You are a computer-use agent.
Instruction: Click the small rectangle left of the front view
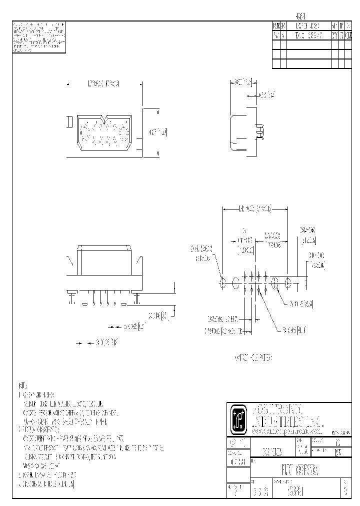pyautogui.click(x=69, y=122)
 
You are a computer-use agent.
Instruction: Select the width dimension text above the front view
pyautogui.click(x=104, y=83)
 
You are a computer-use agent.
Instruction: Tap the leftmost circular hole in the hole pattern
pyautogui.click(x=222, y=282)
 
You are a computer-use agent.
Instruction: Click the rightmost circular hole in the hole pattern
pyautogui.click(x=287, y=282)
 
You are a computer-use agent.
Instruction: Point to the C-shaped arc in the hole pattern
pyautogui.click(x=235, y=282)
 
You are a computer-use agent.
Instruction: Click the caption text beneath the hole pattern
pyautogui.click(x=253, y=357)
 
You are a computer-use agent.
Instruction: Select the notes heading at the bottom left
pyautogui.click(x=22, y=386)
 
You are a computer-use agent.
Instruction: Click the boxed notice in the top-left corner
pyautogui.click(x=39, y=37)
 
